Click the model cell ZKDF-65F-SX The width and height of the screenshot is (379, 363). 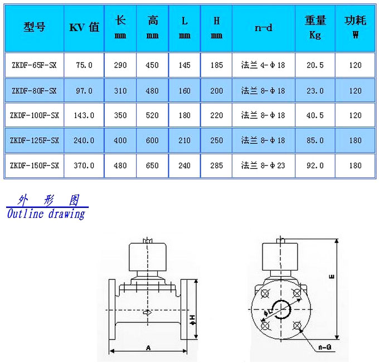[x=34, y=65]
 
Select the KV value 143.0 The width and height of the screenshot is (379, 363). [x=84, y=115]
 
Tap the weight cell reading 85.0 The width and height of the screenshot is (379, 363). [x=315, y=141]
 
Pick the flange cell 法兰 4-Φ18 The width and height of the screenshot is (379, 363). [x=263, y=65]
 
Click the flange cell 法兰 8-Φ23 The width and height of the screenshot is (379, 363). [x=263, y=166]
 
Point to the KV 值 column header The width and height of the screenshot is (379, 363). [x=84, y=27]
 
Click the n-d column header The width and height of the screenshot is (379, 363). [x=264, y=28]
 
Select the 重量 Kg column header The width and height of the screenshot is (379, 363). [x=315, y=27]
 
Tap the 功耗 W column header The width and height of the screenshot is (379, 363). [x=356, y=27]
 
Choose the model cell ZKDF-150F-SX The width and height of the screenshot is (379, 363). [x=35, y=166]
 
